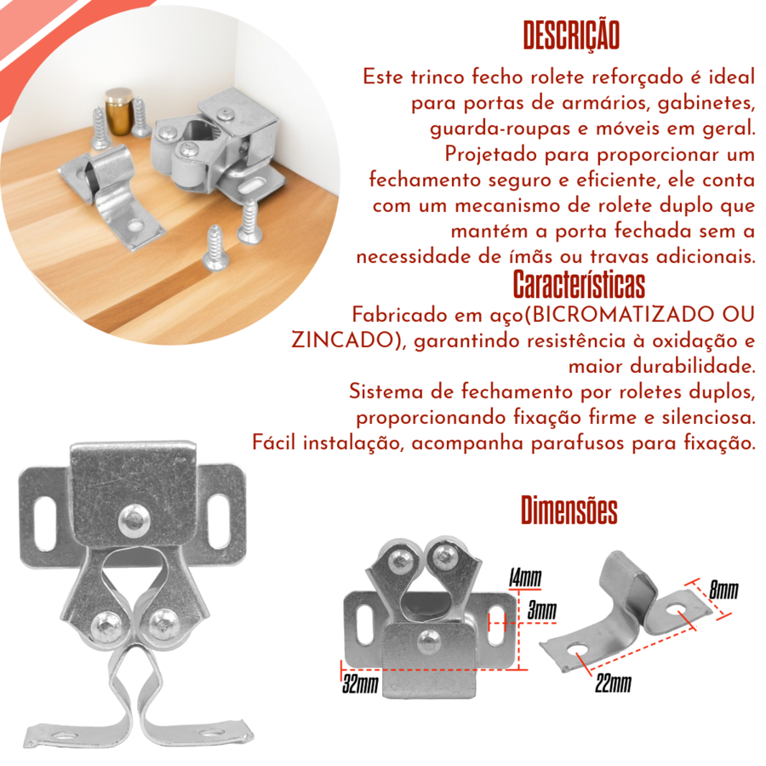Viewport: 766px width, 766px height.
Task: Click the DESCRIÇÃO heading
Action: coord(571,36)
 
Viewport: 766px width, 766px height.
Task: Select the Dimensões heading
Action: coord(569,510)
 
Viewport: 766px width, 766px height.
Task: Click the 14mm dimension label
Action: coord(525,578)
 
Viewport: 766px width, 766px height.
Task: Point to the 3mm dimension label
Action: coord(541,610)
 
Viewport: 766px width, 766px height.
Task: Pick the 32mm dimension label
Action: coord(361,684)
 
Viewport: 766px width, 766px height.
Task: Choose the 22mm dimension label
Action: coord(613,683)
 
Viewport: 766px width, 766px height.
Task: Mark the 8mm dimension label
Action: coord(723,590)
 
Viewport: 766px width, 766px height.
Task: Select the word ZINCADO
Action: coord(342,340)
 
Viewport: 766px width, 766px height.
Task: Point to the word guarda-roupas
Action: coord(500,129)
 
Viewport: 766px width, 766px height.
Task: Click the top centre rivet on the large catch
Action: coord(134,521)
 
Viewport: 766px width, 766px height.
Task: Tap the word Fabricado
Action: coord(401,315)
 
